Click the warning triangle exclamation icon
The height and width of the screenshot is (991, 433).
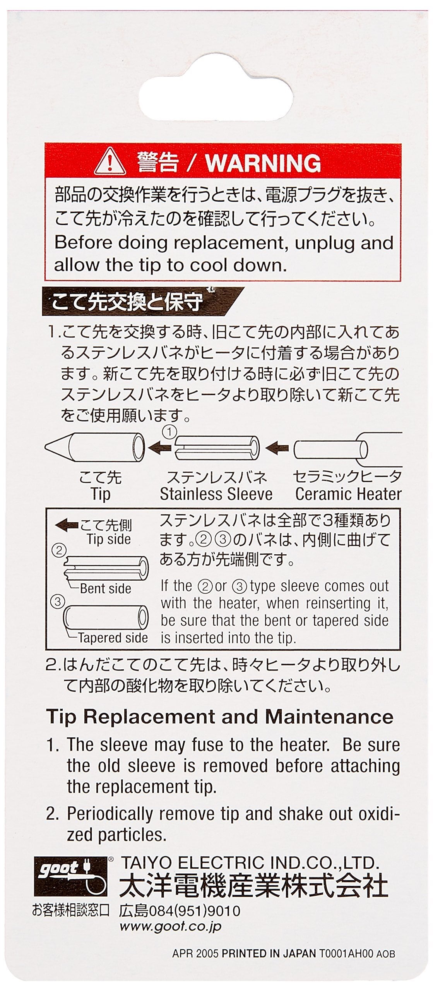[110, 162]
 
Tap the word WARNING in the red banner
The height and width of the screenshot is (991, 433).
[263, 163]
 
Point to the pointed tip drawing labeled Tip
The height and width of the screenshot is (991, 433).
[95, 447]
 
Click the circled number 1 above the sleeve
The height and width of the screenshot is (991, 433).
[169, 432]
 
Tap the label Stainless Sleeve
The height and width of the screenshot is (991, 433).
[216, 494]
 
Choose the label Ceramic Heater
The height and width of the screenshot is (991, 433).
[348, 494]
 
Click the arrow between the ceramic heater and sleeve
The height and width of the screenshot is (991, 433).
[277, 449]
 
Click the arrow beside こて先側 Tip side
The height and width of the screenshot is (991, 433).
[67, 525]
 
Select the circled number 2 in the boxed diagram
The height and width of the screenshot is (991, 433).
[59, 550]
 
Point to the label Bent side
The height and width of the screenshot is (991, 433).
[105, 588]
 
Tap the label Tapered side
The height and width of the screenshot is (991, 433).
[113, 638]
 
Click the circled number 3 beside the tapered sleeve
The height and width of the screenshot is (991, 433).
[57, 602]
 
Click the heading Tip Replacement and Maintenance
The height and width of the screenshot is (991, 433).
[219, 717]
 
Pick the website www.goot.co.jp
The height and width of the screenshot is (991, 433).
[170, 926]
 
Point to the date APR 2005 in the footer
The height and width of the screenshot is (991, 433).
[195, 953]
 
